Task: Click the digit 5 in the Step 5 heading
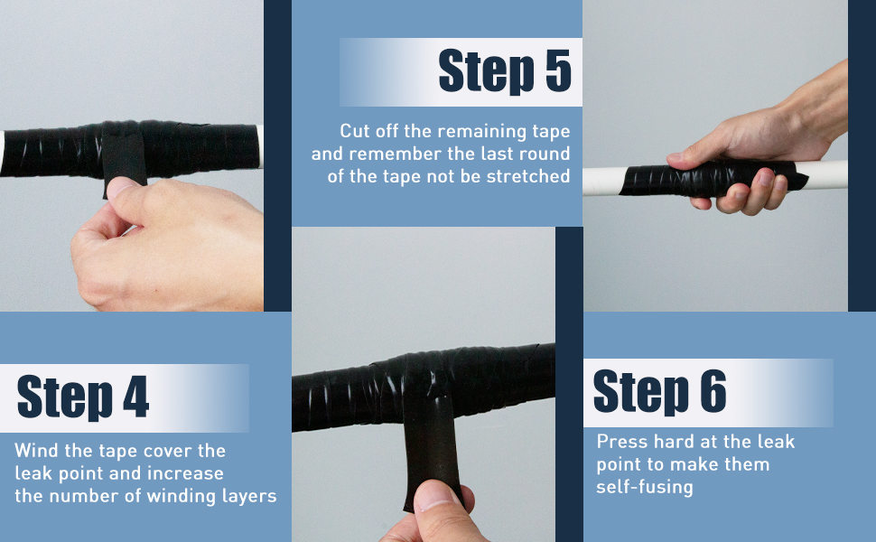(558, 70)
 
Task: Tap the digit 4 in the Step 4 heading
(135, 397)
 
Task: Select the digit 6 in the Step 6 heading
(713, 391)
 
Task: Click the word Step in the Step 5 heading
(486, 71)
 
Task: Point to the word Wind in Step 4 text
(37, 451)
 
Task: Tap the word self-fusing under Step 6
(645, 487)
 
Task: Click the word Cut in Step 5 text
(355, 131)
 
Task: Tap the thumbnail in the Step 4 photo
(119, 187)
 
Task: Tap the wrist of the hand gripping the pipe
(818, 107)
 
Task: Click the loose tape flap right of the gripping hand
(799, 178)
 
